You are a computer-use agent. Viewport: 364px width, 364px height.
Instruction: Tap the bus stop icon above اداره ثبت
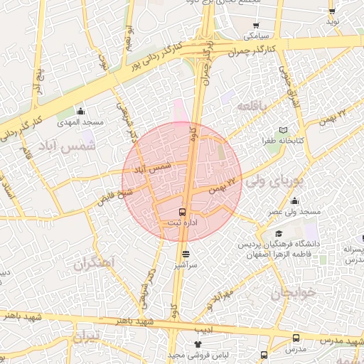pos(182,212)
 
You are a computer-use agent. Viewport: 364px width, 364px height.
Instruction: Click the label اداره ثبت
pos(182,223)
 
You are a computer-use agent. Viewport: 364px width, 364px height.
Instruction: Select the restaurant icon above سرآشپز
pos(186,254)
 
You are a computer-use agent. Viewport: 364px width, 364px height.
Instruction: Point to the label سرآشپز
pos(186,264)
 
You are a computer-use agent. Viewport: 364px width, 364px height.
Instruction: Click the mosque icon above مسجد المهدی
pos(80,112)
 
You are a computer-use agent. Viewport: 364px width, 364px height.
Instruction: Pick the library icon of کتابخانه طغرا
pos(284,131)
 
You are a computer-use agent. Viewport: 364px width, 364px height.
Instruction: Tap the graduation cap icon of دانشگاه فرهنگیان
pos(279,234)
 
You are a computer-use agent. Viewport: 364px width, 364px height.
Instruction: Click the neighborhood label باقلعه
pos(254,106)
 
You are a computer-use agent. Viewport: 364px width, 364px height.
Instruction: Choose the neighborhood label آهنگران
pos(93,263)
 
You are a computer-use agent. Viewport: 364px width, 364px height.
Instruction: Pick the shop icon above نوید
pos(331,11)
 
